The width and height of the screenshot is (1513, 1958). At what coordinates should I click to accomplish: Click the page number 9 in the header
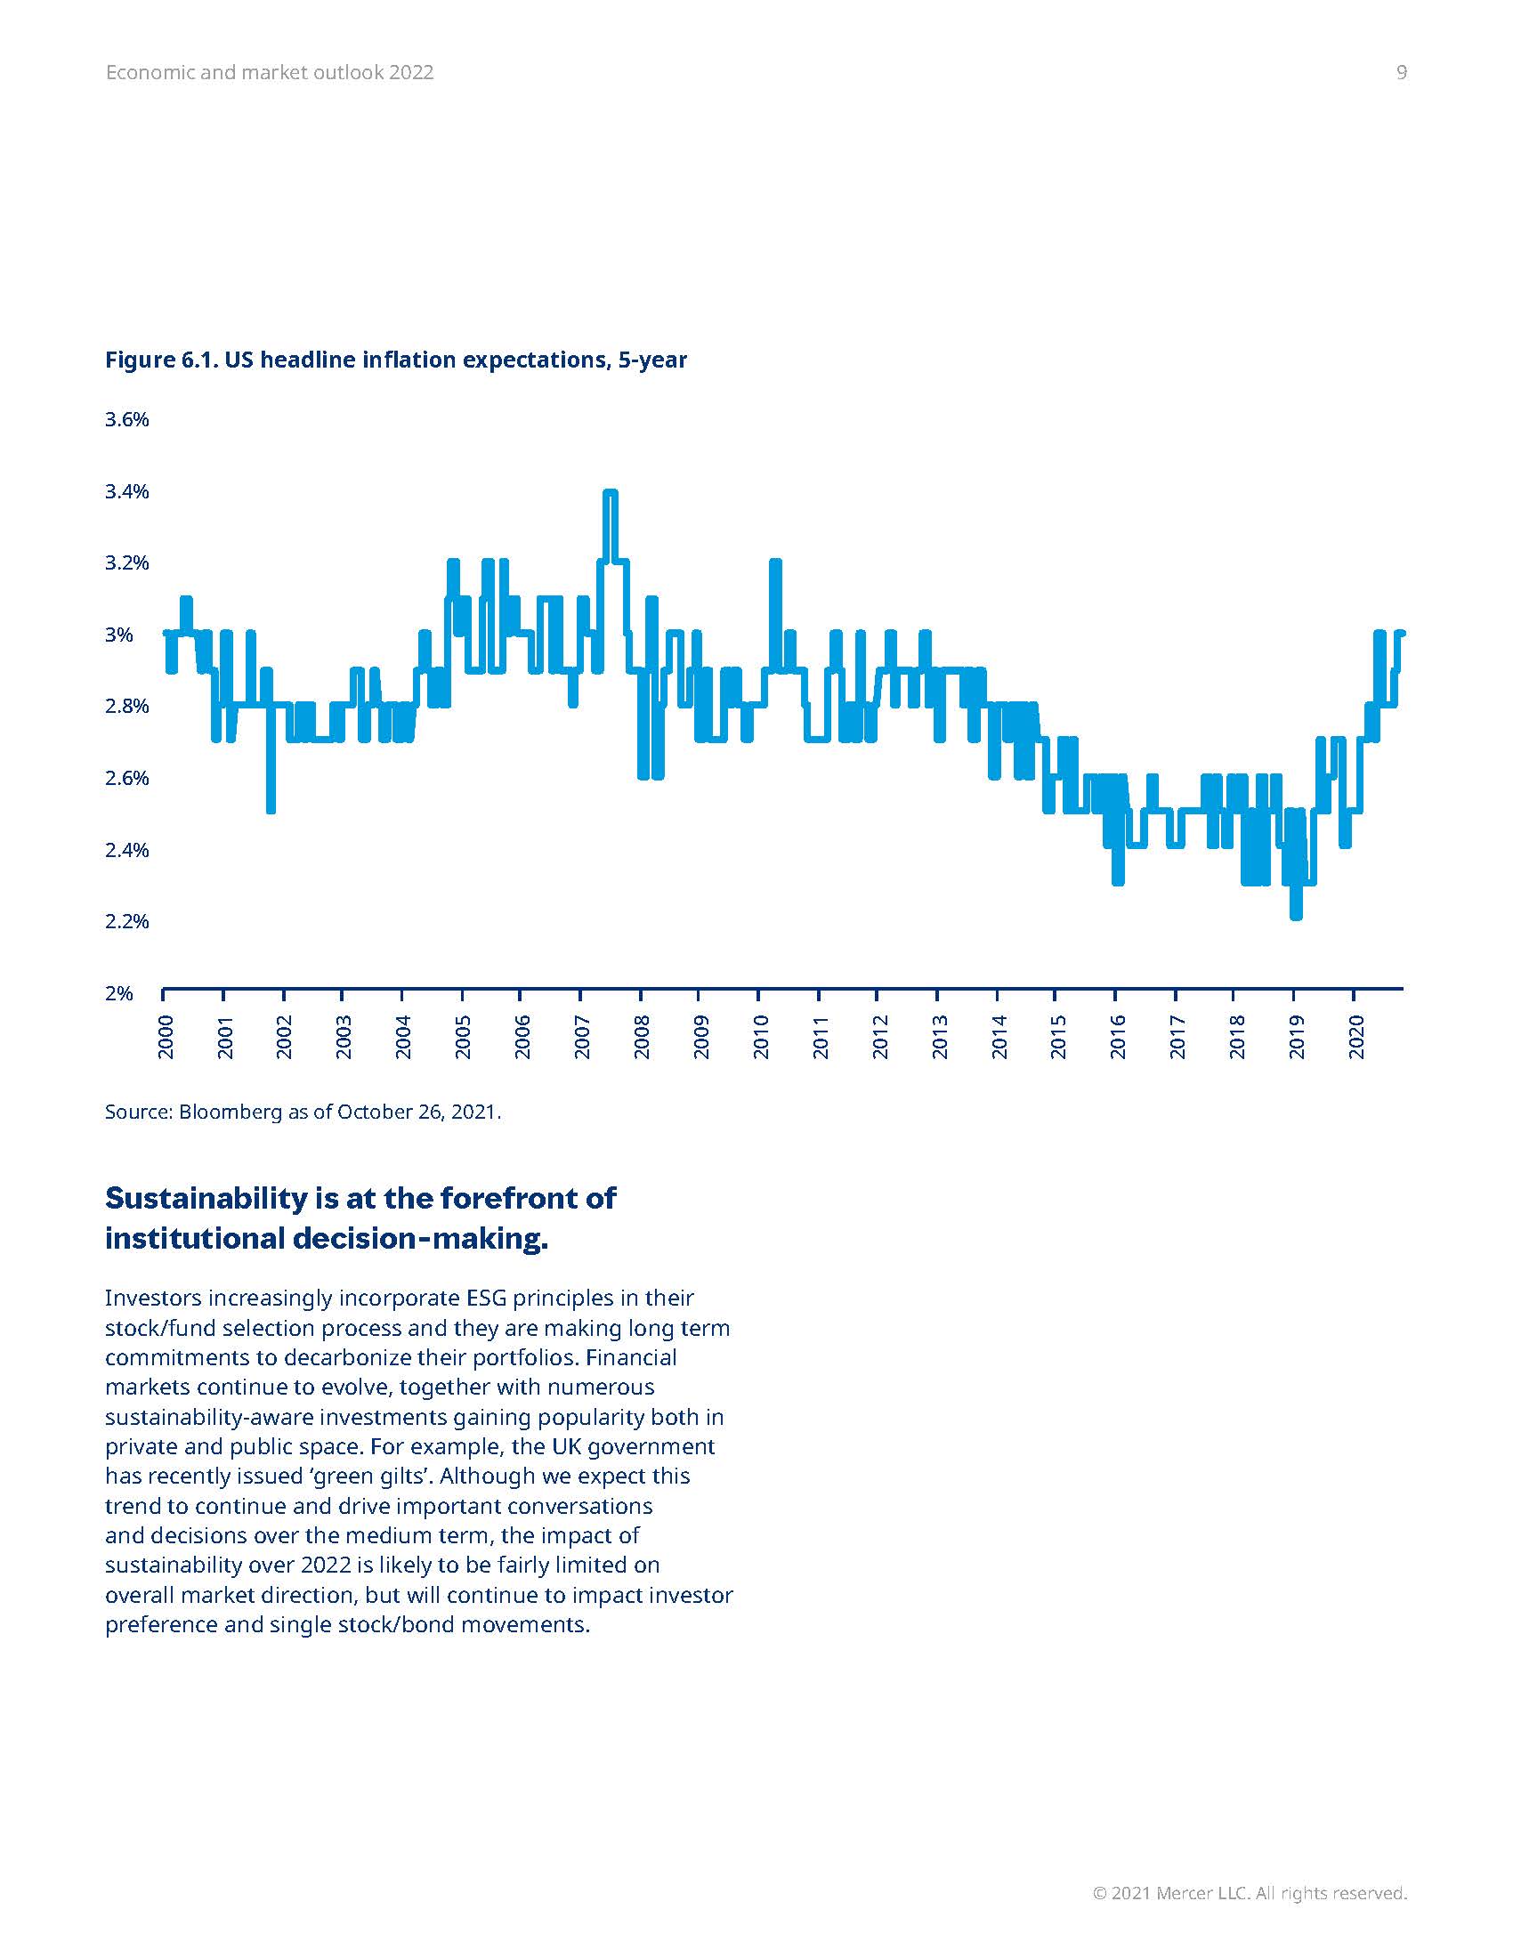1401,73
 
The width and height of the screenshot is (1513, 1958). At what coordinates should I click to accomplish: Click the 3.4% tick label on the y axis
126,491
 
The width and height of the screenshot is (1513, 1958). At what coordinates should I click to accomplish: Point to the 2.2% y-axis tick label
126,922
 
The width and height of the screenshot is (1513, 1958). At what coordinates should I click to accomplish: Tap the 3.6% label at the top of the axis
126,419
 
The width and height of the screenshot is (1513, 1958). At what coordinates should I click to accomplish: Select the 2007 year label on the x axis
582,1036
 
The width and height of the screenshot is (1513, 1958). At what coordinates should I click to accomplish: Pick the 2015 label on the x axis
1057,1036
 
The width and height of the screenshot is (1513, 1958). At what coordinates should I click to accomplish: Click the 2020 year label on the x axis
1356,1036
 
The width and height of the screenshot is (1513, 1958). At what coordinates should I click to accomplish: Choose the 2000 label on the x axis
166,1036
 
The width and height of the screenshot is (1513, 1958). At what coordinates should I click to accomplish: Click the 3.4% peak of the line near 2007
611,493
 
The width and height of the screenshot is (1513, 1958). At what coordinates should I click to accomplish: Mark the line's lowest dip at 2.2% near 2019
1295,914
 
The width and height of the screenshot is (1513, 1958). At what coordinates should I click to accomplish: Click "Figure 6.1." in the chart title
160,360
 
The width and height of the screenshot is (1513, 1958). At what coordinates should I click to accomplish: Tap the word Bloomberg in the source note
231,1112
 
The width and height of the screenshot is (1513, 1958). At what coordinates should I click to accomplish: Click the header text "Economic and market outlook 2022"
269,73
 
